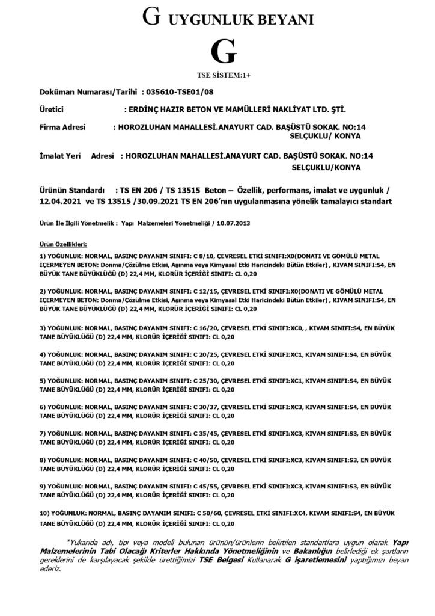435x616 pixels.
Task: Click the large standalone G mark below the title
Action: point(221,52)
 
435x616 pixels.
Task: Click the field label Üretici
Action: point(52,111)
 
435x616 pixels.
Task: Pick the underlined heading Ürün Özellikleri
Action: point(63,244)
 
